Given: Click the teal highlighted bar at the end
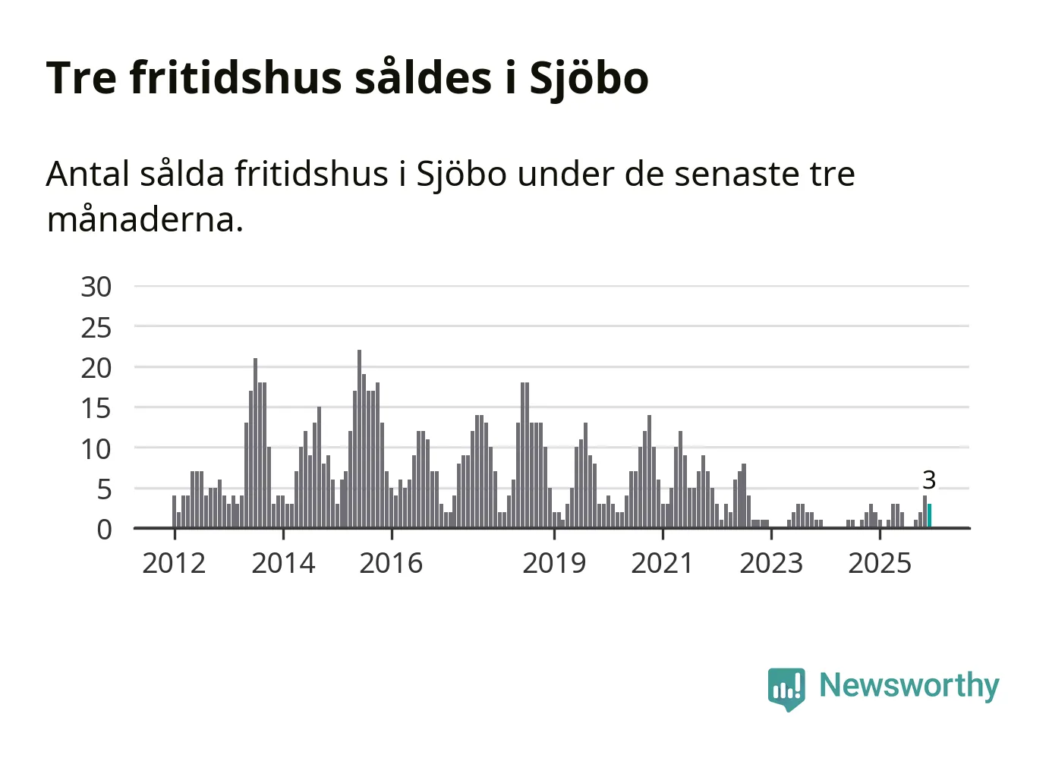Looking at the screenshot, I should click(930, 516).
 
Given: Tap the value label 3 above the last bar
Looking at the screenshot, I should click(929, 480).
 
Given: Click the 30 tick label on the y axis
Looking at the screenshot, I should click(96, 288).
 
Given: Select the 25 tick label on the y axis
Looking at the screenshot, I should click(96, 329).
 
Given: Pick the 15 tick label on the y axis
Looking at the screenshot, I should click(96, 409).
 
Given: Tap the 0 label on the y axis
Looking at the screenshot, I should click(104, 530).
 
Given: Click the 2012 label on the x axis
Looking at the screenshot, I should click(174, 564).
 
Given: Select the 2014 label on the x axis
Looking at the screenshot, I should click(283, 564).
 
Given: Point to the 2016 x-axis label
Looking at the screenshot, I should click(391, 564).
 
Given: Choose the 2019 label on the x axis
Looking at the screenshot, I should click(554, 564).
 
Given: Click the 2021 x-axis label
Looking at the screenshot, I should click(663, 564).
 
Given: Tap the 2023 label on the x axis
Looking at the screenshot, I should click(771, 564).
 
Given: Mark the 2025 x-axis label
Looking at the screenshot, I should click(880, 564).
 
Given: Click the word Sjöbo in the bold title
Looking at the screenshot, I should click(588, 79).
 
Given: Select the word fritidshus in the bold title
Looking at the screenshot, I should click(236, 77).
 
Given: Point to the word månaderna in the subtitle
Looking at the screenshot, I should click(144, 220).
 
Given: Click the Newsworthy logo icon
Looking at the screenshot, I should click(786, 688).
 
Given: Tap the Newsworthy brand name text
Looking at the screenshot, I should click(909, 685).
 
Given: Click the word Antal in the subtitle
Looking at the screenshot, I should click(87, 175).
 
